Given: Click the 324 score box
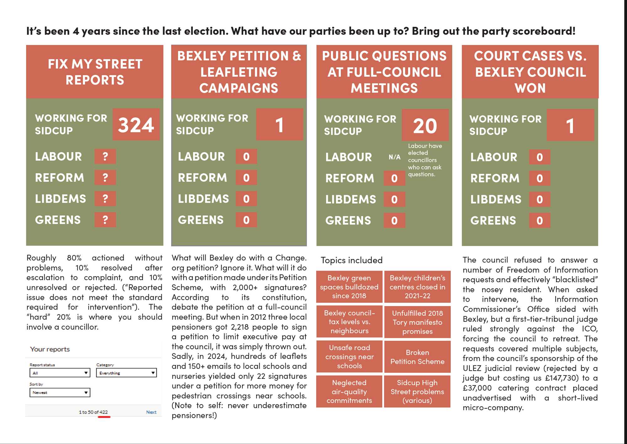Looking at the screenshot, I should pyautogui.click(x=136, y=125).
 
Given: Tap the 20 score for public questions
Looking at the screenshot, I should pyautogui.click(x=425, y=125).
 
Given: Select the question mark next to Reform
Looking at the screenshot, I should pyautogui.click(x=105, y=178).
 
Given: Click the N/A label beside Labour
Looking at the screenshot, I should pyautogui.click(x=394, y=157).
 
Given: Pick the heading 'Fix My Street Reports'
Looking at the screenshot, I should pyautogui.click(x=95, y=72).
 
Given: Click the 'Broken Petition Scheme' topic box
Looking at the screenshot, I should pyautogui.click(x=417, y=357).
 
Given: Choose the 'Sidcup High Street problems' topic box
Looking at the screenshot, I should pyautogui.click(x=417, y=392).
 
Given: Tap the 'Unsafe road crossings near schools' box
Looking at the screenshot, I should pyautogui.click(x=349, y=357).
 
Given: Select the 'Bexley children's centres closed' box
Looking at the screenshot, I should pyautogui.click(x=417, y=287).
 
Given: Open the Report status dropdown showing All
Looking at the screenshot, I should pyautogui.click(x=60, y=373).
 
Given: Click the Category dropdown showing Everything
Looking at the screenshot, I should pyautogui.click(x=126, y=373).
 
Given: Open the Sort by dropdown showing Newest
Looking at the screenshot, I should pyautogui.click(x=60, y=393).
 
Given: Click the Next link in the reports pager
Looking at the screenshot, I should pyautogui.click(x=151, y=412).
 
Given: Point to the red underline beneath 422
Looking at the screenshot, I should pyautogui.click(x=104, y=417).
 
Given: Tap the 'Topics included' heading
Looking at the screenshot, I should pyautogui.click(x=351, y=260).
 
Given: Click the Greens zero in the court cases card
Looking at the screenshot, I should pyautogui.click(x=540, y=221).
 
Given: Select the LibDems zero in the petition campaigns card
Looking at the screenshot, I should pyautogui.click(x=246, y=199).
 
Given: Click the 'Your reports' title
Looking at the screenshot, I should pyautogui.click(x=50, y=349).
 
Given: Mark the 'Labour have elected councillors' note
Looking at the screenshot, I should pyautogui.click(x=425, y=160).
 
